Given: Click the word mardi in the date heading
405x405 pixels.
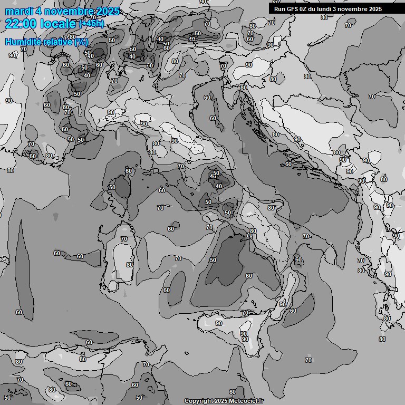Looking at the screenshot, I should [18, 11].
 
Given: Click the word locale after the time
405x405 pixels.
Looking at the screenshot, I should [58, 24].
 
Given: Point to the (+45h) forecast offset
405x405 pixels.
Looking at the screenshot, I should [91, 24].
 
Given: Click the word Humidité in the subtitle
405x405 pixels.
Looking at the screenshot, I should [23, 42].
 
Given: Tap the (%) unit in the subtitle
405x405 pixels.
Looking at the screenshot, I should [81, 42].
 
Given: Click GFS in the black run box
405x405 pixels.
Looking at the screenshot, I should [293, 9].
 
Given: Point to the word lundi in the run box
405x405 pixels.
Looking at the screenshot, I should [329, 9].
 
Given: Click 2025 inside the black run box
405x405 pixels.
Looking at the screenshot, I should [375, 9].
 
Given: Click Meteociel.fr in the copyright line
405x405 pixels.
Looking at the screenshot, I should [246, 401].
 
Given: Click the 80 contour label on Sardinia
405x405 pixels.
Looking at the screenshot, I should [130, 265].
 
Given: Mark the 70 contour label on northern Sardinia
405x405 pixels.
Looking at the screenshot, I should [124, 239].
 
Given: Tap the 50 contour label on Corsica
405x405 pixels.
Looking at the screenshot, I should [112, 187].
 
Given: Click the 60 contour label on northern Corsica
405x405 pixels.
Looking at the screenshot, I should [129, 171].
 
